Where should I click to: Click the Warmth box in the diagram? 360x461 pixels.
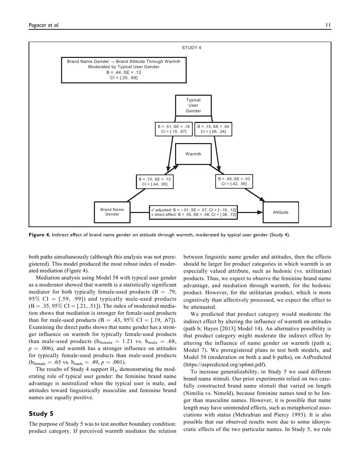193,154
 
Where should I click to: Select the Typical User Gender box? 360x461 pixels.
193,105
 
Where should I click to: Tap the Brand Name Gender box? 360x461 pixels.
112,212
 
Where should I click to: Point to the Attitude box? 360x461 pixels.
281,212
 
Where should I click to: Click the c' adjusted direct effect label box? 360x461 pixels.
193,212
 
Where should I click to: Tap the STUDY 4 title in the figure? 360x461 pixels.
191,48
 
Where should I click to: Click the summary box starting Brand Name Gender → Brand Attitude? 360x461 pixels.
124,70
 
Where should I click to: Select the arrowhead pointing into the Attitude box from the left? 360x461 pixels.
260,212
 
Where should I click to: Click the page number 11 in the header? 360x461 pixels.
328,25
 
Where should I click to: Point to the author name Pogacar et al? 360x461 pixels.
44,25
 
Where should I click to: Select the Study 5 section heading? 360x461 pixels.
41,414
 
